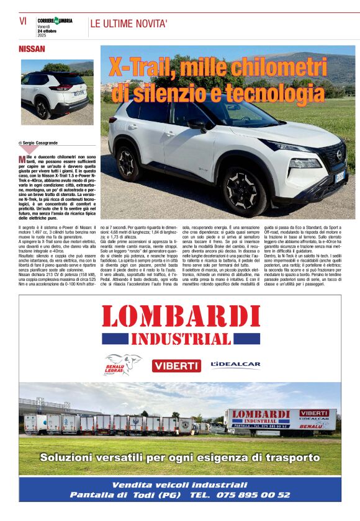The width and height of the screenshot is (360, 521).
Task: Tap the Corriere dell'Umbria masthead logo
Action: pos(55,20)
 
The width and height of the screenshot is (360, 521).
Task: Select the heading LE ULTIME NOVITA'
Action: pos(129,24)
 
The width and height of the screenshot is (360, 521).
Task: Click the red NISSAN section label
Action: pos(32,48)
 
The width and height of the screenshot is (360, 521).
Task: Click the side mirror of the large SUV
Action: pos(197,123)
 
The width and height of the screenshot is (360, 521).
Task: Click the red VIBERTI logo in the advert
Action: pos(176,365)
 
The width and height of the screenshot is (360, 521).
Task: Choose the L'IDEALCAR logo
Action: pos(235,365)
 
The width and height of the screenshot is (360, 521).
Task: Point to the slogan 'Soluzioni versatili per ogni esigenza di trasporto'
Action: pos(180,458)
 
